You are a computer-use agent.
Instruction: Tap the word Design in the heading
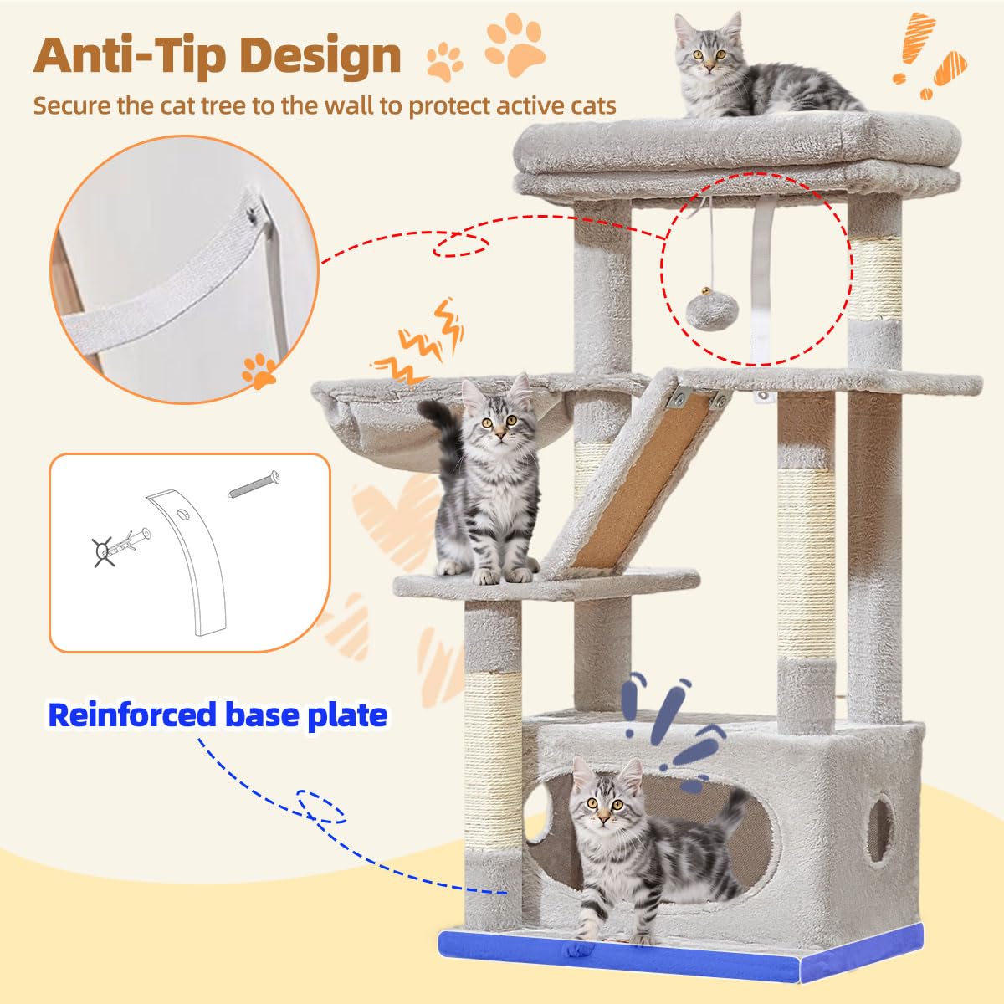coord(322,55)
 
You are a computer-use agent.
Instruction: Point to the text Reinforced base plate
coord(218,715)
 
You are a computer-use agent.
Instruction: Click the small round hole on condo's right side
coord(879,827)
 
